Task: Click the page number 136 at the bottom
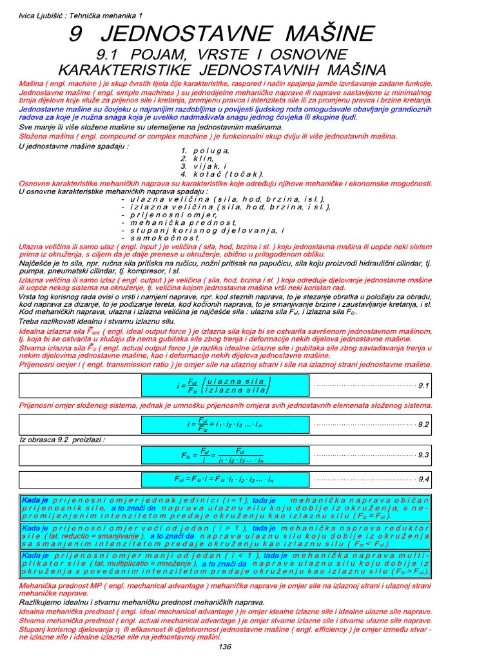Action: click(x=225, y=647)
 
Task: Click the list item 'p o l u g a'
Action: click(x=209, y=151)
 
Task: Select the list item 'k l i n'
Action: click(x=202, y=159)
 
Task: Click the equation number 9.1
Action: click(x=423, y=385)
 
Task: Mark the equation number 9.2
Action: click(x=423, y=425)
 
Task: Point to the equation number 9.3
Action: click(x=423, y=454)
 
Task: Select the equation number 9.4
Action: click(x=423, y=480)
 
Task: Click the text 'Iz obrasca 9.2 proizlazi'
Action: click(x=62, y=440)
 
